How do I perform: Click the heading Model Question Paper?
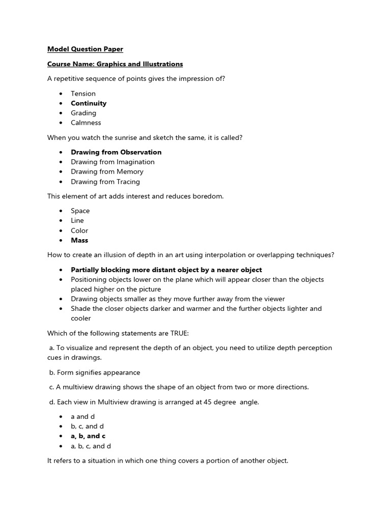[85, 49]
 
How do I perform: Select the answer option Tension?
[83, 94]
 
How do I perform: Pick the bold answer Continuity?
[89, 103]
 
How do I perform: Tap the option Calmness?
[86, 123]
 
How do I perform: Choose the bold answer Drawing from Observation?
[116, 152]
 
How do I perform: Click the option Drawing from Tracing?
[105, 182]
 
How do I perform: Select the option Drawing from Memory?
[107, 171]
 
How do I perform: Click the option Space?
[80, 211]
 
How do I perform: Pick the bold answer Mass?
[79, 240]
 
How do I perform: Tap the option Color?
[79, 230]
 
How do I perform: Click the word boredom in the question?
[208, 196]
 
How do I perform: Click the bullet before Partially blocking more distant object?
[61, 270]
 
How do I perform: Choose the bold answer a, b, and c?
[88, 436]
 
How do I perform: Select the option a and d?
[83, 417]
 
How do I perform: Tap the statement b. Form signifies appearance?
[95, 372]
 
